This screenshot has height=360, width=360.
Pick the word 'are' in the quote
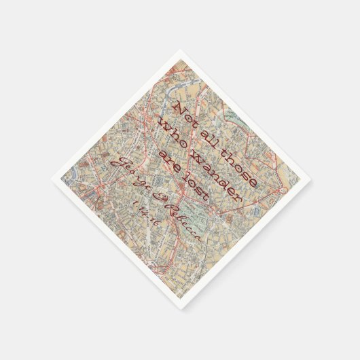pos(168,151)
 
